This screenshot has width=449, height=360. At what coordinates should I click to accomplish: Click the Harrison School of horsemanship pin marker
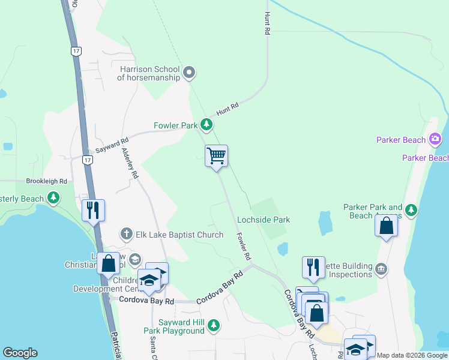coord(189,73)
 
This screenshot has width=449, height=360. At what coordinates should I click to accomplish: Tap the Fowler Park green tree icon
coord(206,125)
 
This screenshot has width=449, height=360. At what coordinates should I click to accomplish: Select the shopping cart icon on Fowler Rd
coord(216,157)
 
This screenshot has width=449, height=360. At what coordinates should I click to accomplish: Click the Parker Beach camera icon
coord(435,140)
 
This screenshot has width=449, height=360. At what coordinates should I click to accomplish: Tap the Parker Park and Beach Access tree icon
coord(411,210)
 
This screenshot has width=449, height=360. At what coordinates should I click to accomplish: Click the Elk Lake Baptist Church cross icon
coord(126,233)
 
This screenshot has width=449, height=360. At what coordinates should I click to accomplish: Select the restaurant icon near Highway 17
coord(93,210)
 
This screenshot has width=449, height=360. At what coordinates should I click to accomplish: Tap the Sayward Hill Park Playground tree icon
coord(213,326)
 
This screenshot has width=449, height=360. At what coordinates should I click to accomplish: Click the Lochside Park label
coord(264,220)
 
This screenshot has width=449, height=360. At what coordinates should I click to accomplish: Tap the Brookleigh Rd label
coord(46,181)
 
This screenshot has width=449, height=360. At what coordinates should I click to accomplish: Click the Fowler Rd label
coord(243,246)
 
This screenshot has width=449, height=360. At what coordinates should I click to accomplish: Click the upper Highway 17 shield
coord(75,52)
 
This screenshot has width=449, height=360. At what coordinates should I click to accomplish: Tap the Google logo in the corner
coord(20,353)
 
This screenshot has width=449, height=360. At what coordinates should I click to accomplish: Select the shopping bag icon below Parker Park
coord(387,226)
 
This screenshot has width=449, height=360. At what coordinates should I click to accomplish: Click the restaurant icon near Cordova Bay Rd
coord(313,267)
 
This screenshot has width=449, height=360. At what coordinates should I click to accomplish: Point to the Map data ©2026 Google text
coord(412,355)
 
